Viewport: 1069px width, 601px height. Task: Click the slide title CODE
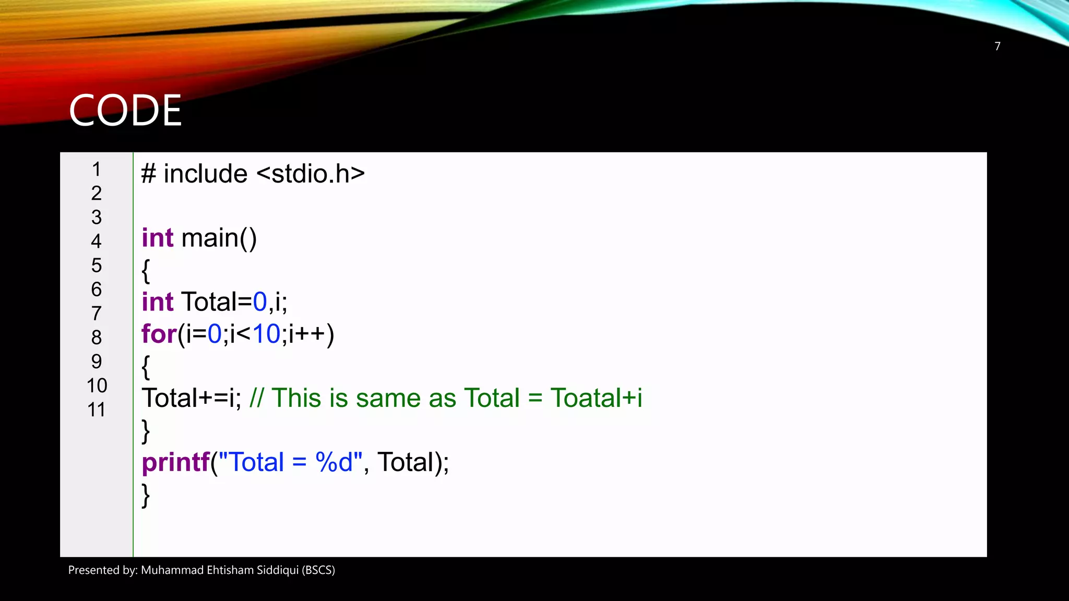point(125,110)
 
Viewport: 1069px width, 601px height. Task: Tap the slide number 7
point(997,46)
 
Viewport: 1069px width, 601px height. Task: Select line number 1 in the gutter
point(97,170)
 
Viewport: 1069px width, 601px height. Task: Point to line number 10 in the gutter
point(97,386)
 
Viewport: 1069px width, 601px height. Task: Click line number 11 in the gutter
point(97,410)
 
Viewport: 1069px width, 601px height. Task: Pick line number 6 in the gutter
point(97,290)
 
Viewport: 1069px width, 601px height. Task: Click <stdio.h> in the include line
point(311,174)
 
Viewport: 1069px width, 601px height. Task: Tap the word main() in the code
point(219,238)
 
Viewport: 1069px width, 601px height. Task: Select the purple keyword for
point(159,334)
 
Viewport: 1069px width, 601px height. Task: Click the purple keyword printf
point(175,462)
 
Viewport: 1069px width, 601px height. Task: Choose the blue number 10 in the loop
point(266,334)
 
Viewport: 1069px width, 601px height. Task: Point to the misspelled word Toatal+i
point(596,398)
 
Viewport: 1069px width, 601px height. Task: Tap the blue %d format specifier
point(334,462)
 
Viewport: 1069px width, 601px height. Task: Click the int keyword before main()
point(157,238)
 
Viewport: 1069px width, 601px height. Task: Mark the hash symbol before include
point(148,174)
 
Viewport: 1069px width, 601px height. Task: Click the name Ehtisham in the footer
point(230,570)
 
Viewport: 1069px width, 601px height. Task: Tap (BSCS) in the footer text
point(318,570)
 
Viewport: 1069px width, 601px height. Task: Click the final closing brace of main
point(146,495)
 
